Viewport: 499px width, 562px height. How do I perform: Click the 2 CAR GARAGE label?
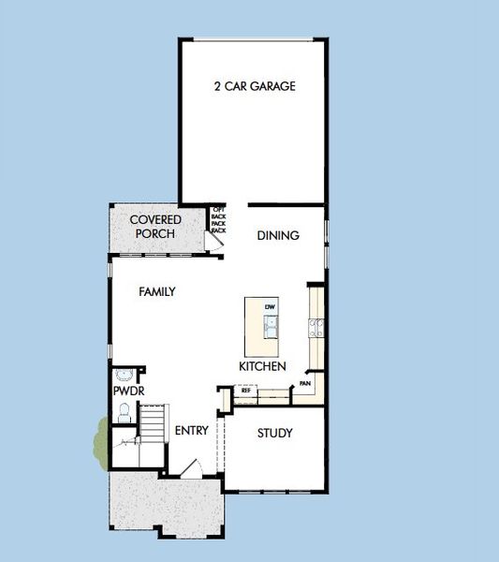pyautogui.click(x=254, y=87)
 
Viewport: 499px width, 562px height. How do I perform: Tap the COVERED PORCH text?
pyautogui.click(x=155, y=227)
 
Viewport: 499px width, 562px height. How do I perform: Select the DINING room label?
pyautogui.click(x=278, y=236)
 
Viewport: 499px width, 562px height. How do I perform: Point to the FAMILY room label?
pyautogui.click(x=157, y=292)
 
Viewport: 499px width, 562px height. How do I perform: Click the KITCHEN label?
pyautogui.click(x=262, y=366)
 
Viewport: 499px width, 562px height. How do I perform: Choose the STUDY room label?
pyautogui.click(x=274, y=434)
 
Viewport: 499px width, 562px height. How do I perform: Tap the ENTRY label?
pyautogui.click(x=191, y=431)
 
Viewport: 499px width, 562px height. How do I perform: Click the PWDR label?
pyautogui.click(x=126, y=390)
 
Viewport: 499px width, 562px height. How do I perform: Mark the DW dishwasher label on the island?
pyautogui.click(x=270, y=307)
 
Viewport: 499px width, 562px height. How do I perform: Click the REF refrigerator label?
pyautogui.click(x=246, y=392)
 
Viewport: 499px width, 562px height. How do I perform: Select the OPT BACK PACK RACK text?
pyautogui.click(x=218, y=219)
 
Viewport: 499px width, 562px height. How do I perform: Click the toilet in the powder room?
pyautogui.click(x=124, y=410)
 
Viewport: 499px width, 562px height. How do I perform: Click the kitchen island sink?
pyautogui.click(x=271, y=327)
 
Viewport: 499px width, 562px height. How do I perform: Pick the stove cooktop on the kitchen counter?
pyautogui.click(x=316, y=327)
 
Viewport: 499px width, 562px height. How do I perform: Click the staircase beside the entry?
pyautogui.click(x=153, y=426)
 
